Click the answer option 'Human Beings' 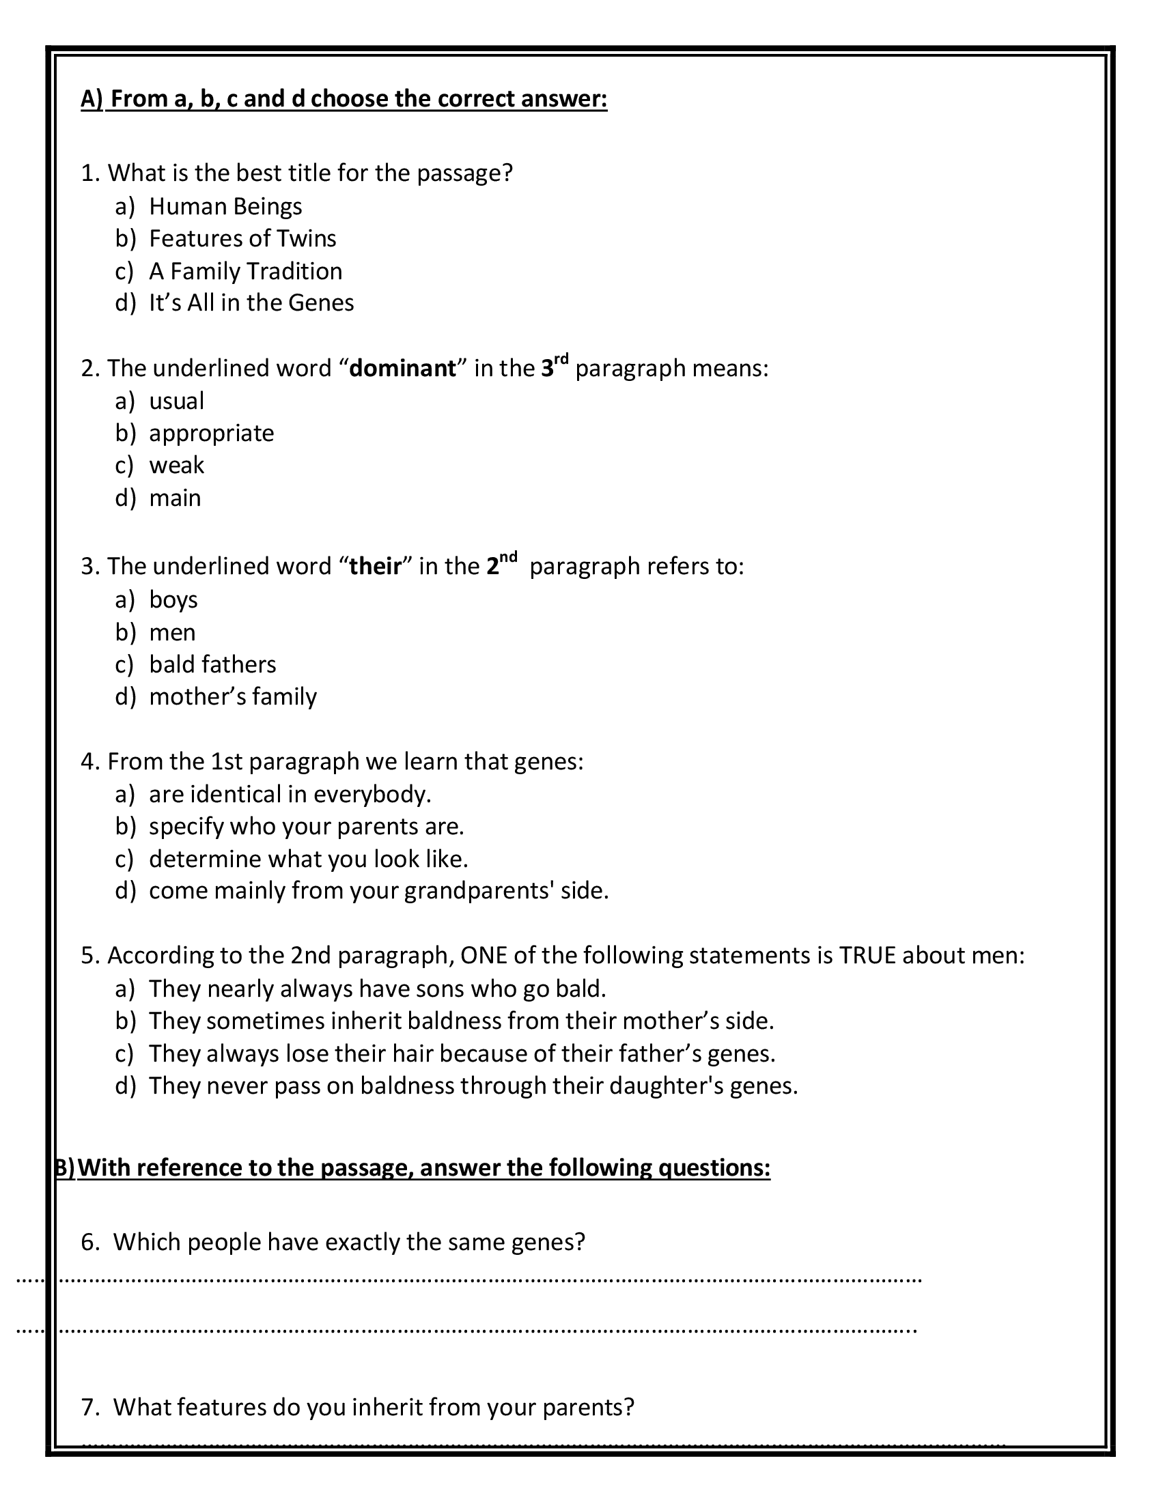[225, 206]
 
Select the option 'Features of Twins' [242, 239]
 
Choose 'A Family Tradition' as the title [245, 271]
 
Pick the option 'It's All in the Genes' [251, 302]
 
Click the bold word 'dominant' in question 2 [402, 369]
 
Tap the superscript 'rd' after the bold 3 [561, 359]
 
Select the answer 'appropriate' [211, 434]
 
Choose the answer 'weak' [176, 466]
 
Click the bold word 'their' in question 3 [375, 567]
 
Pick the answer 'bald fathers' [212, 664]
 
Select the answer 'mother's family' [232, 696]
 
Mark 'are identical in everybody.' [290, 794]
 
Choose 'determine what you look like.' [308, 859]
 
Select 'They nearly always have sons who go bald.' [377, 989]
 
